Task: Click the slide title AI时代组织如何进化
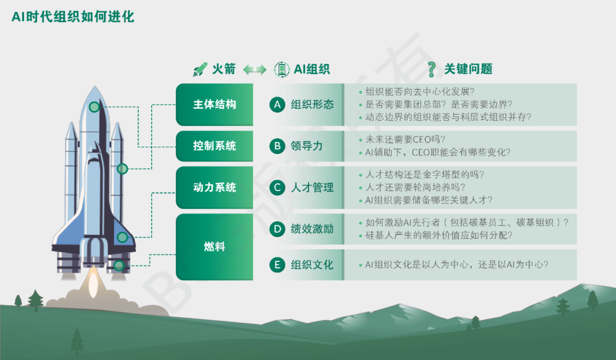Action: [x=73, y=17]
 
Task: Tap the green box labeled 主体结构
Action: [x=214, y=104]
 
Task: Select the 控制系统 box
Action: [x=214, y=146]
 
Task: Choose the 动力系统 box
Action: [x=214, y=188]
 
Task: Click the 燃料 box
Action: [x=214, y=247]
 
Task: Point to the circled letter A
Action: [x=277, y=104]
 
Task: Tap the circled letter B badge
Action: [x=277, y=146]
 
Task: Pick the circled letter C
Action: [x=277, y=188]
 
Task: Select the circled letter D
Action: [x=277, y=229]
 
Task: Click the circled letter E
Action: [x=277, y=265]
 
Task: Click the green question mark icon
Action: [x=432, y=70]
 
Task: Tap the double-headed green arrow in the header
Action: [x=254, y=70]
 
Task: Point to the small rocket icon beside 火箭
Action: [x=200, y=69]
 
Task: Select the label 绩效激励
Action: [x=313, y=229]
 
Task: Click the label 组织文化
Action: [x=313, y=265]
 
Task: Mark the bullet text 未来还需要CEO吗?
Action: [x=406, y=140]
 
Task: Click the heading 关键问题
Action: [x=468, y=69]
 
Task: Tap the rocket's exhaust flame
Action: [x=93, y=282]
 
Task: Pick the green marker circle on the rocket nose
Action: [x=94, y=107]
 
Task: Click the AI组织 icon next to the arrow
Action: [x=282, y=70]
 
